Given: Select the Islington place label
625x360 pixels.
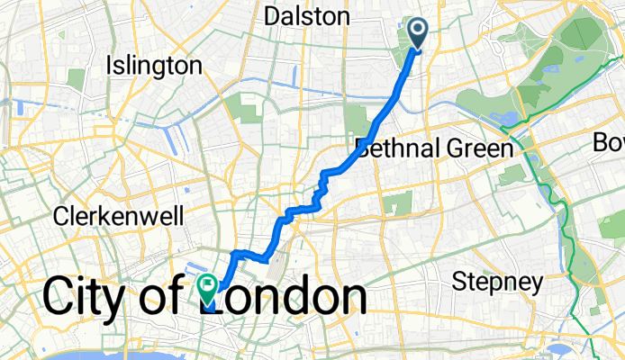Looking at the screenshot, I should [153, 66].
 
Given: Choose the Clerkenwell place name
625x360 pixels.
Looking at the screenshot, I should [119, 216].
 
